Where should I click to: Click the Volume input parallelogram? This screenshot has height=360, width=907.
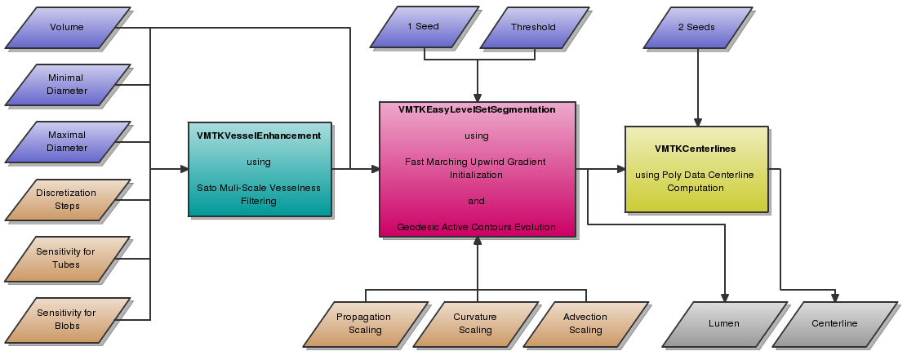(67, 28)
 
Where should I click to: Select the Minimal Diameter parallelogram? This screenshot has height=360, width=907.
(67, 84)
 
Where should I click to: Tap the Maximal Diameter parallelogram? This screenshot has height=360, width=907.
(67, 142)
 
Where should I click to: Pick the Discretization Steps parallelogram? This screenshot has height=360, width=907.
(67, 199)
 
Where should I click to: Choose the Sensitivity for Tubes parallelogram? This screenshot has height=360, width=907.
(67, 257)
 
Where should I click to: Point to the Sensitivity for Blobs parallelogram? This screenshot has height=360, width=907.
(67, 319)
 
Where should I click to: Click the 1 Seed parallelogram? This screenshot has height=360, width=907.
(423, 27)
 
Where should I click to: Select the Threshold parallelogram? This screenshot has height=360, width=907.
(533, 27)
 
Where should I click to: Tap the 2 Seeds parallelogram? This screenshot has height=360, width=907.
(696, 27)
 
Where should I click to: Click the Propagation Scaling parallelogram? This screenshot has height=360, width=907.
(365, 323)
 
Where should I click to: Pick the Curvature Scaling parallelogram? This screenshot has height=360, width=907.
(475, 323)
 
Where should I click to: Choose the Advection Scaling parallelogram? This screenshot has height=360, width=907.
(585, 323)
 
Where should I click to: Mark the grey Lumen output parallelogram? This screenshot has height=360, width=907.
(723, 323)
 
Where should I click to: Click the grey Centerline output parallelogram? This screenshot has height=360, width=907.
(834, 323)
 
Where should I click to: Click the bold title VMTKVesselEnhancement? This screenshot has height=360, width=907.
(259, 136)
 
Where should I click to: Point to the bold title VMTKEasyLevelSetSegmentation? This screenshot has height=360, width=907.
(477, 109)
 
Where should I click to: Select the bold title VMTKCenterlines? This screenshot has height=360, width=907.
(696, 149)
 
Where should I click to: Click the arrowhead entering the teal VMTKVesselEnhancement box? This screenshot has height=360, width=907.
(183, 169)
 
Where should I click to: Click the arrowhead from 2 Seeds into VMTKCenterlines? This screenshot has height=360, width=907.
(696, 121)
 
